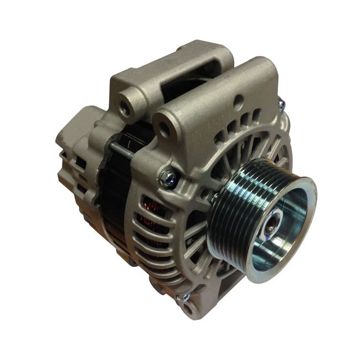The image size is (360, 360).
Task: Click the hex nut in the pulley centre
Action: point(272,227)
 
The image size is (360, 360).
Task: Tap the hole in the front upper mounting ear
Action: point(164,129)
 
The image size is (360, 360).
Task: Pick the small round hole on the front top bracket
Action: point(238,101)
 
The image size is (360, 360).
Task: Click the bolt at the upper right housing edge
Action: point(281,103)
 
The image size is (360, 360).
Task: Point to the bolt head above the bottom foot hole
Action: point(185,297)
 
